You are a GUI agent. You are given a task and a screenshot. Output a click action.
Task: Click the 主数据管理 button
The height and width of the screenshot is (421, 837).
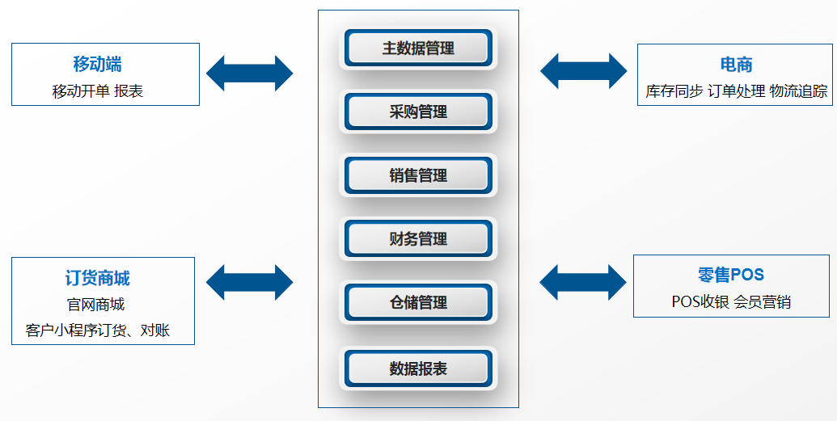pos(417,48)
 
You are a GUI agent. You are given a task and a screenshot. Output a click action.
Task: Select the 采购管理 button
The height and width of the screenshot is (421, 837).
pos(417,112)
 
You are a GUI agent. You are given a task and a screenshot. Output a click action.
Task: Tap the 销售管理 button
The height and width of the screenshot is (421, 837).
pos(417,175)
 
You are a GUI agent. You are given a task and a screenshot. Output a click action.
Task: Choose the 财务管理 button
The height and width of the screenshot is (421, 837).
pos(417,239)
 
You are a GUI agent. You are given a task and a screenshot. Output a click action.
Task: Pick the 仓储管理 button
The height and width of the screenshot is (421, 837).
pos(417,303)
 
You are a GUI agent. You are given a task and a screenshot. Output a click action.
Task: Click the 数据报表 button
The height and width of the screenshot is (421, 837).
pos(417,368)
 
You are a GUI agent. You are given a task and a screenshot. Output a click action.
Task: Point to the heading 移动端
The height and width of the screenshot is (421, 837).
pos(97,65)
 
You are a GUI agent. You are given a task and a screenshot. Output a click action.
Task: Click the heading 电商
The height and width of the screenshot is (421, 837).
pos(736,65)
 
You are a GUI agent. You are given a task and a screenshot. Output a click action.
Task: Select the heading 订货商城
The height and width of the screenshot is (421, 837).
pos(97,279)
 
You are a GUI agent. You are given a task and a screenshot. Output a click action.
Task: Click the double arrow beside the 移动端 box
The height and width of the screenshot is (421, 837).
pos(249,74)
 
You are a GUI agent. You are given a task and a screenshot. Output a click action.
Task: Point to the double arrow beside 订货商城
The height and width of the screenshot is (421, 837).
pos(249,282)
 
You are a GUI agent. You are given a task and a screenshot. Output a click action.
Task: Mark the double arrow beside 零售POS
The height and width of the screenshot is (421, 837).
pos(582,281)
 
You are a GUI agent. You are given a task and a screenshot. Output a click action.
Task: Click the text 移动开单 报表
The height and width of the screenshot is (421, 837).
pos(97,91)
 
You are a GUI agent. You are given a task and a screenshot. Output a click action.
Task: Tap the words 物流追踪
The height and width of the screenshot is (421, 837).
pos(798,91)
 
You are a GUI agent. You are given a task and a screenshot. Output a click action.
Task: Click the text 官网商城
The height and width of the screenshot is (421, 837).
pos(95,305)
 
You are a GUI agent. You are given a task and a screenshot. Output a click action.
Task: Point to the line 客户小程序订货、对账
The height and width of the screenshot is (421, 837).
pos(98,330)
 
